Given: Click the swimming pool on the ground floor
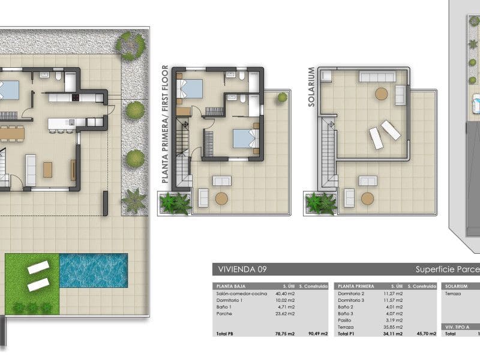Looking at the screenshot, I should tap(94, 270).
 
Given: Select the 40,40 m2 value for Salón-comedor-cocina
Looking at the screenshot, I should tap(286, 293).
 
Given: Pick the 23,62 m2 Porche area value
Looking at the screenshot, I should tap(286, 313).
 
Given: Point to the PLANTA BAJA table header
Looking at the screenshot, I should tap(230, 287).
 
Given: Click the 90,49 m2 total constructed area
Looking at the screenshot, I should tap(317, 334).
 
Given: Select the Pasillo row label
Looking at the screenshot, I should tap(344, 320).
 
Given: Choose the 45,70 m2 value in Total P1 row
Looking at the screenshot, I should tap(423, 334).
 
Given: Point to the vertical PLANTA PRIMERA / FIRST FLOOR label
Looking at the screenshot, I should tap(166, 124).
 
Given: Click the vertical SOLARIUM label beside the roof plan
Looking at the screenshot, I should tap(311, 87).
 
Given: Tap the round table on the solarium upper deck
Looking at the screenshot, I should tap(381, 94).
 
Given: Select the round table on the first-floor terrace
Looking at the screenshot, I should tap(222, 198).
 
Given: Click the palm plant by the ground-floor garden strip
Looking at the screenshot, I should tap(134, 200).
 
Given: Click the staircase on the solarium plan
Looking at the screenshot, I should tap(328, 153).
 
